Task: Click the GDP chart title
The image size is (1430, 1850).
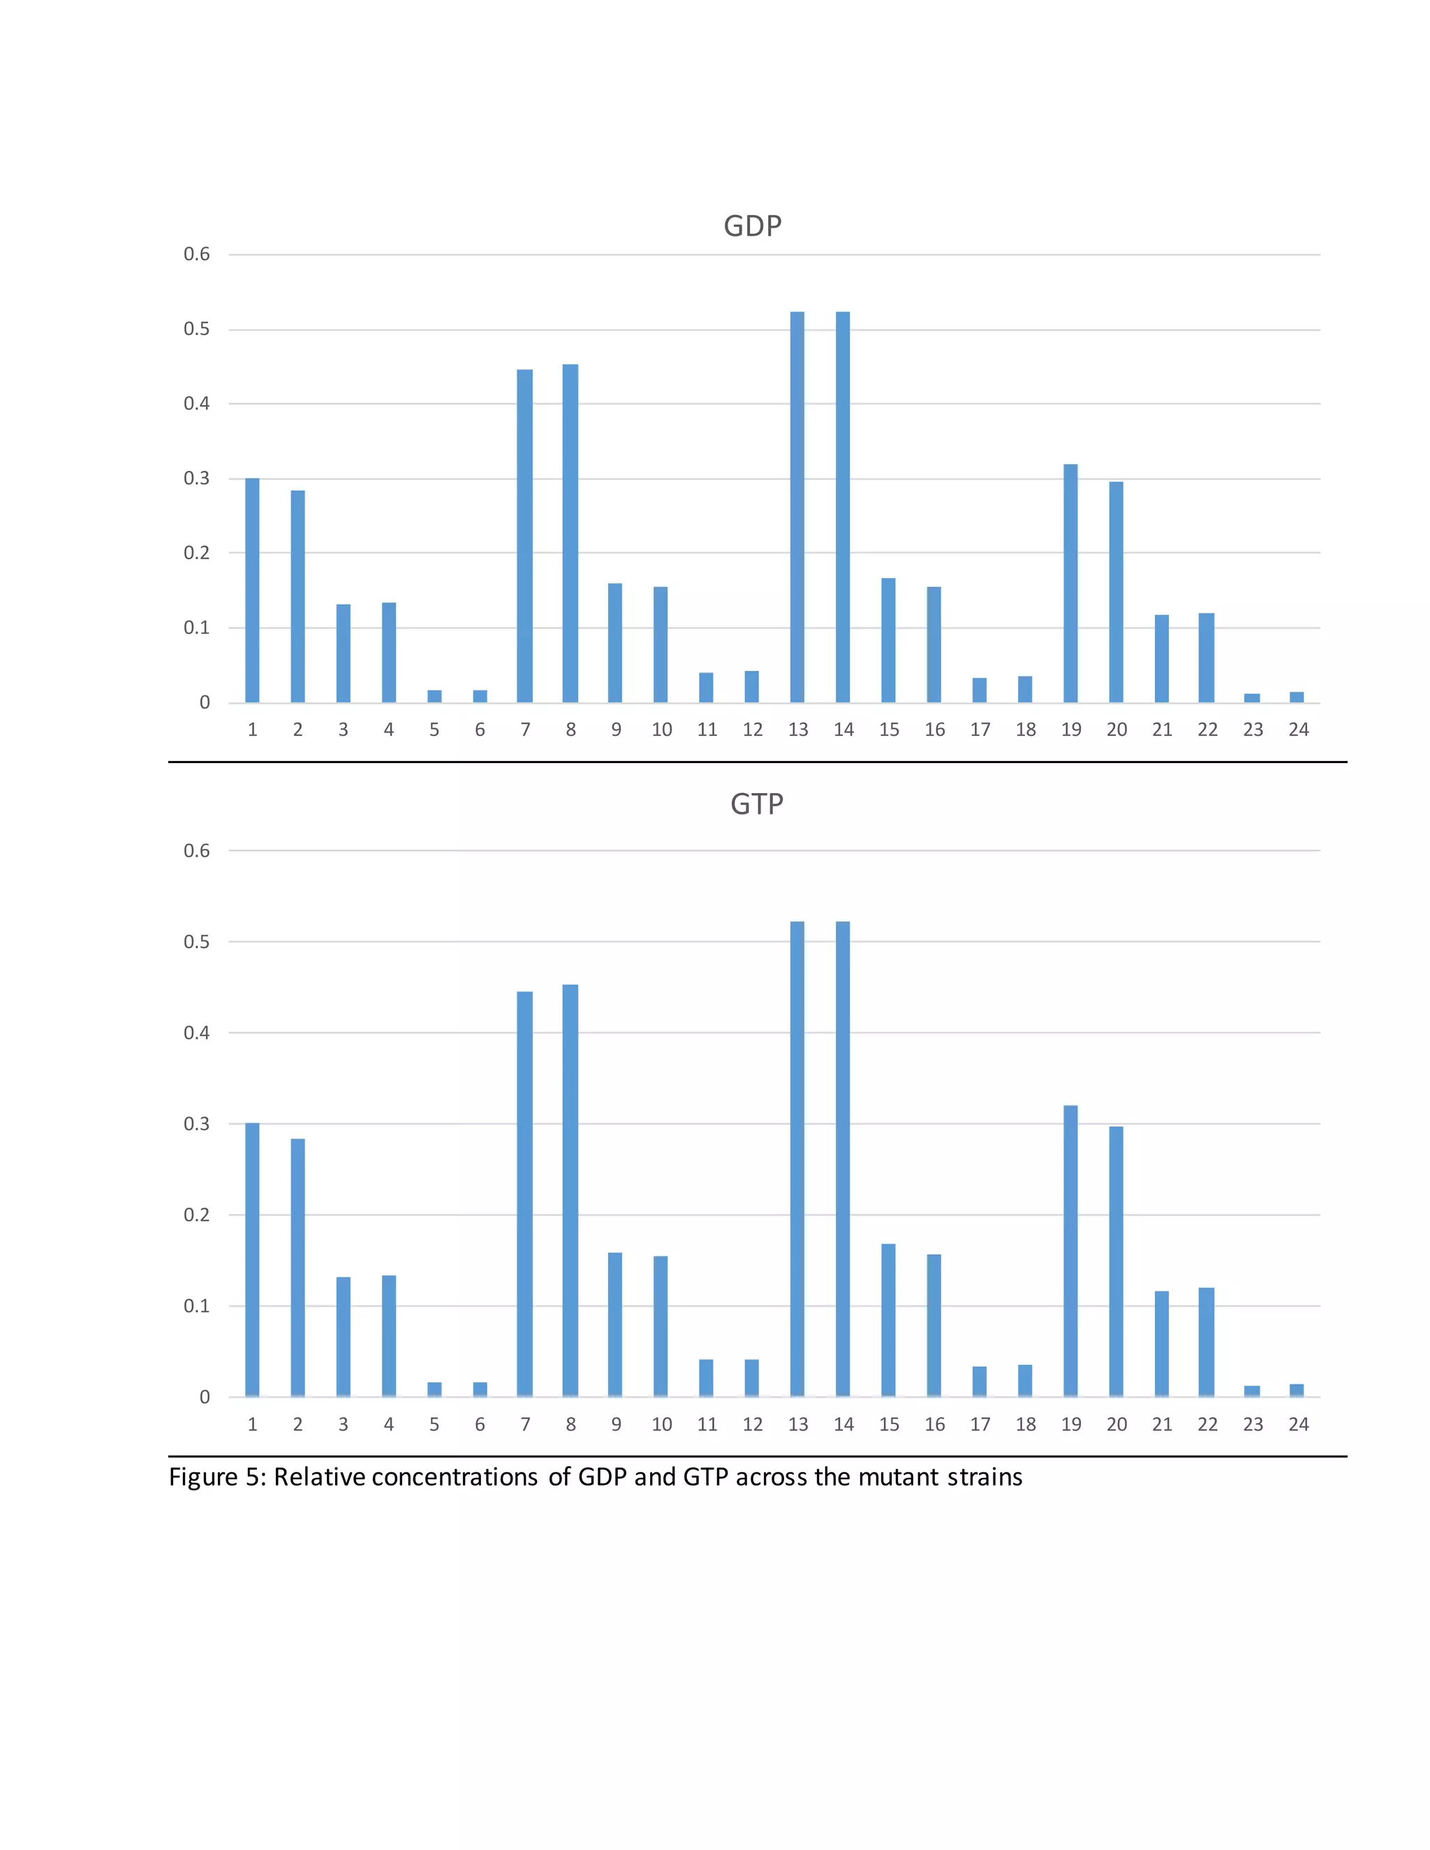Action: pos(752,226)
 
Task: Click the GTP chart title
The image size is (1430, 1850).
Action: pos(756,804)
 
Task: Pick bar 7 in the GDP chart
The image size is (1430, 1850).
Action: pos(525,535)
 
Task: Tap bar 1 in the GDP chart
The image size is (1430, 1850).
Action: pos(253,591)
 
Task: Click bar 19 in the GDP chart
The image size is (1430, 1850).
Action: pos(1071,583)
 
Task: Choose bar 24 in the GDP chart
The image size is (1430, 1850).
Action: pos(1297,697)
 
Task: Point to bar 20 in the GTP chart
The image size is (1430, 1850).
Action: pos(1116,1261)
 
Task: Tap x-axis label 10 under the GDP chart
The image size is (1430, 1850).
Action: pos(662,730)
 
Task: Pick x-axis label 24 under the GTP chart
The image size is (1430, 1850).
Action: pos(1299,1425)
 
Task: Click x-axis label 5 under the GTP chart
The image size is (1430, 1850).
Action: pos(434,1425)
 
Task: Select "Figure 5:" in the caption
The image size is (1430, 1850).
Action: pos(217,1478)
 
